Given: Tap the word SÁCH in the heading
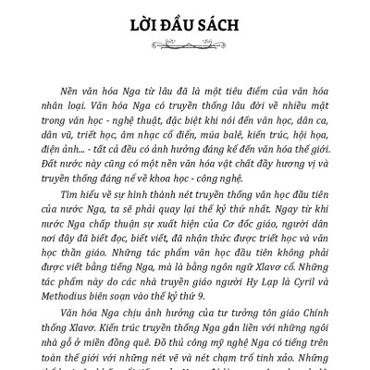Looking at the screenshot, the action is click(225, 20).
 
